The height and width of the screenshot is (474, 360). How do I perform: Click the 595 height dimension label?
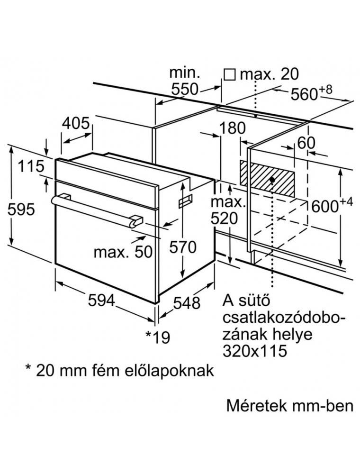pos(22,209)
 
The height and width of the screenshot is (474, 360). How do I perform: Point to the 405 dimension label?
pos(75,124)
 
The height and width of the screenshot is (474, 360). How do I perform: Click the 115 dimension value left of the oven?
pos(30,166)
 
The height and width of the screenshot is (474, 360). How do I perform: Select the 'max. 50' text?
pos(123,252)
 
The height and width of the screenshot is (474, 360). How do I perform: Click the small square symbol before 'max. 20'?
pos(230,74)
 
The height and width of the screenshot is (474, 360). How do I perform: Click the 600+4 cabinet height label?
pos(332,205)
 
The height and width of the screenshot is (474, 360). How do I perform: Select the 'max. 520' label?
pos(228,211)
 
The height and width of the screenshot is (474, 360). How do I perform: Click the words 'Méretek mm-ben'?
pos(290,406)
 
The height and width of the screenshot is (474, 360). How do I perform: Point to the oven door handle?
pos(95,209)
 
